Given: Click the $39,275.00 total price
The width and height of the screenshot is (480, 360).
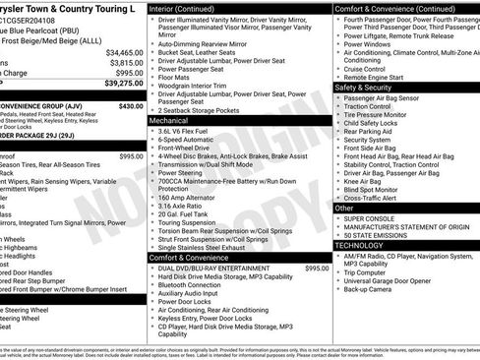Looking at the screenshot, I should [x=119, y=86].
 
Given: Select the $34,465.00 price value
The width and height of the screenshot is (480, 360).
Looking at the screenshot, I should [x=123, y=52].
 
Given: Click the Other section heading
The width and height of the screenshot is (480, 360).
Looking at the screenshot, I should [x=345, y=208].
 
